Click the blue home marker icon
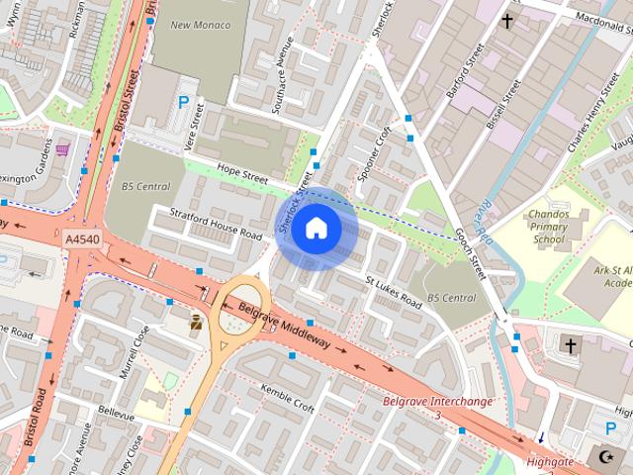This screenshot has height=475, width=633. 316,229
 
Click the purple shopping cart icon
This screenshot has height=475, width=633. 63,150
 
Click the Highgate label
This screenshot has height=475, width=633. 550,461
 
